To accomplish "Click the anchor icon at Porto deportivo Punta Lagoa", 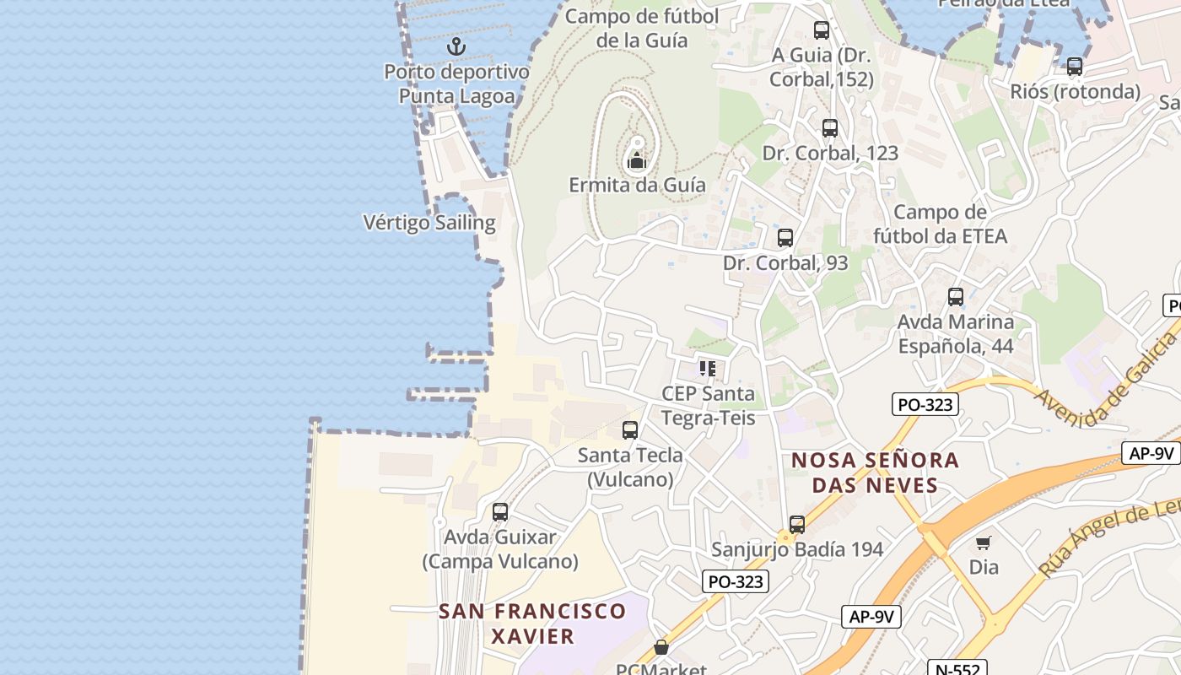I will (456, 46).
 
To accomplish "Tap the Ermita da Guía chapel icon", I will (637, 160).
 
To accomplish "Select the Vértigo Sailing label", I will (429, 223).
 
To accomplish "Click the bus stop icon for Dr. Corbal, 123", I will (830, 128).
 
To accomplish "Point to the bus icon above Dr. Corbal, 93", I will (785, 238).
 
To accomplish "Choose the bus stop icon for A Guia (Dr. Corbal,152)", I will (822, 30).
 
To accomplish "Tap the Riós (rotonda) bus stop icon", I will (1075, 67).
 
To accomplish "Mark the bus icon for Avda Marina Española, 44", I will (956, 297).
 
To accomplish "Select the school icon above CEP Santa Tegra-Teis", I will (708, 368).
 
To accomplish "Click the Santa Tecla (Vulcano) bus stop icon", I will (630, 430).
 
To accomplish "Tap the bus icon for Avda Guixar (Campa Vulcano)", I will (500, 512).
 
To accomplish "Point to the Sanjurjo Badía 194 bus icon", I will (797, 525).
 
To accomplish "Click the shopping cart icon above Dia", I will (984, 543).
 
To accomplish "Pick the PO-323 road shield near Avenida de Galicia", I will (925, 404).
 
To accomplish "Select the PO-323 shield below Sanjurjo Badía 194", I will (736, 581).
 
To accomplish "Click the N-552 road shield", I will (957, 669).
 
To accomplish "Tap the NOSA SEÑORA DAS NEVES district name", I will (876, 472).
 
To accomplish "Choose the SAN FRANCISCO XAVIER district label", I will (532, 623).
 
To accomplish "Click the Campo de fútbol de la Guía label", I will (642, 28).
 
